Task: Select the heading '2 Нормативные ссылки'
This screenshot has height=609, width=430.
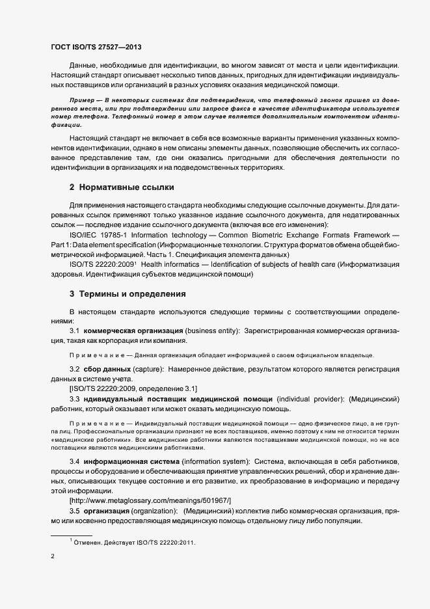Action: click(x=122, y=188)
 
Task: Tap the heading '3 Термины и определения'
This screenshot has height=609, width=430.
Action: click(x=128, y=294)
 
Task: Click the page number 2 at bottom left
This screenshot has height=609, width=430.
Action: click(x=52, y=556)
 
